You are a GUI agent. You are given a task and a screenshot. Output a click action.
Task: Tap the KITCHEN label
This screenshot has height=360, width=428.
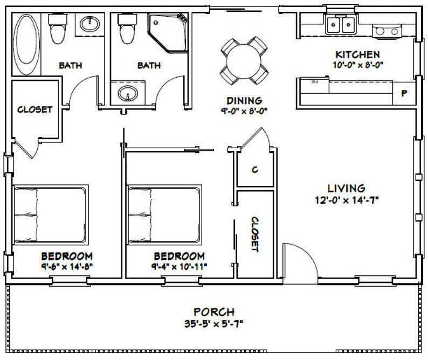[357, 54]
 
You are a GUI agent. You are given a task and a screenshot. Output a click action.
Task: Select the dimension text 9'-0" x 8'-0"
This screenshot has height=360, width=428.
[244, 111]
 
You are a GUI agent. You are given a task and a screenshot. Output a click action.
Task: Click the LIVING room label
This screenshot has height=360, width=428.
[347, 188]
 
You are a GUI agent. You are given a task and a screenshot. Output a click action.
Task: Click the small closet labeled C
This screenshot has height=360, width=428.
[255, 169]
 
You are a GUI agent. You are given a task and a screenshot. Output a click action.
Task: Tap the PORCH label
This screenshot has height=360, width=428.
[214, 311]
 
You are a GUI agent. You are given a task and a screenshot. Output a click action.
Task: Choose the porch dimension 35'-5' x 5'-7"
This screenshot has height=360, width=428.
[214, 324]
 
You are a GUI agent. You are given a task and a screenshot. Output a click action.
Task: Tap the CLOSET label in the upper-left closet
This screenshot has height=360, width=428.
[35, 109]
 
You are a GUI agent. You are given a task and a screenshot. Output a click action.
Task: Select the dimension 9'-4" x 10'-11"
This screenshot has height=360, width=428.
[179, 266]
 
